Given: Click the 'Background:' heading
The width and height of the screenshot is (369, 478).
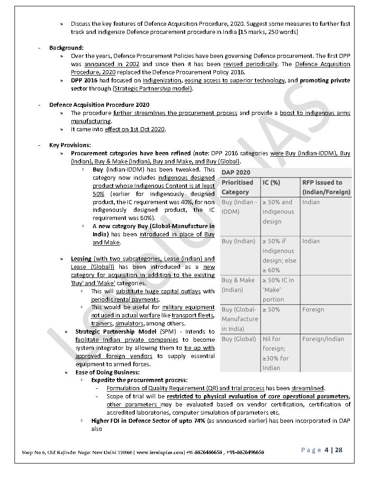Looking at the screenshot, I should (66, 48).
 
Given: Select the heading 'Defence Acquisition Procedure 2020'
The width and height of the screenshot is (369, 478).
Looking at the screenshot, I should (99, 105).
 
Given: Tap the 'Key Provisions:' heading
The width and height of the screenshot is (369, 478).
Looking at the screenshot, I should (70, 145).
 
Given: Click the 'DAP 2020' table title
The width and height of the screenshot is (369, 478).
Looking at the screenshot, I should (236, 172).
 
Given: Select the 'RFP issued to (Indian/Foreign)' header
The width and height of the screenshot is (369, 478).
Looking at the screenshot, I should (326, 187).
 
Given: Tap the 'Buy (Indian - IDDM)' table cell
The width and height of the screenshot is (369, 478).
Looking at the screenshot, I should (239, 207).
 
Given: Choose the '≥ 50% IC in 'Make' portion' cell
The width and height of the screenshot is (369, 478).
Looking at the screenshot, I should (278, 290).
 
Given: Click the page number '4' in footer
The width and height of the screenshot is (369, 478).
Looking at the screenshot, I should (326, 450).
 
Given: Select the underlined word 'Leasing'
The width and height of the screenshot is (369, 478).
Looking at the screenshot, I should (81, 258).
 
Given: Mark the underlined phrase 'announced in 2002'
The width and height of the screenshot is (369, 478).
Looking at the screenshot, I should (112, 64).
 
